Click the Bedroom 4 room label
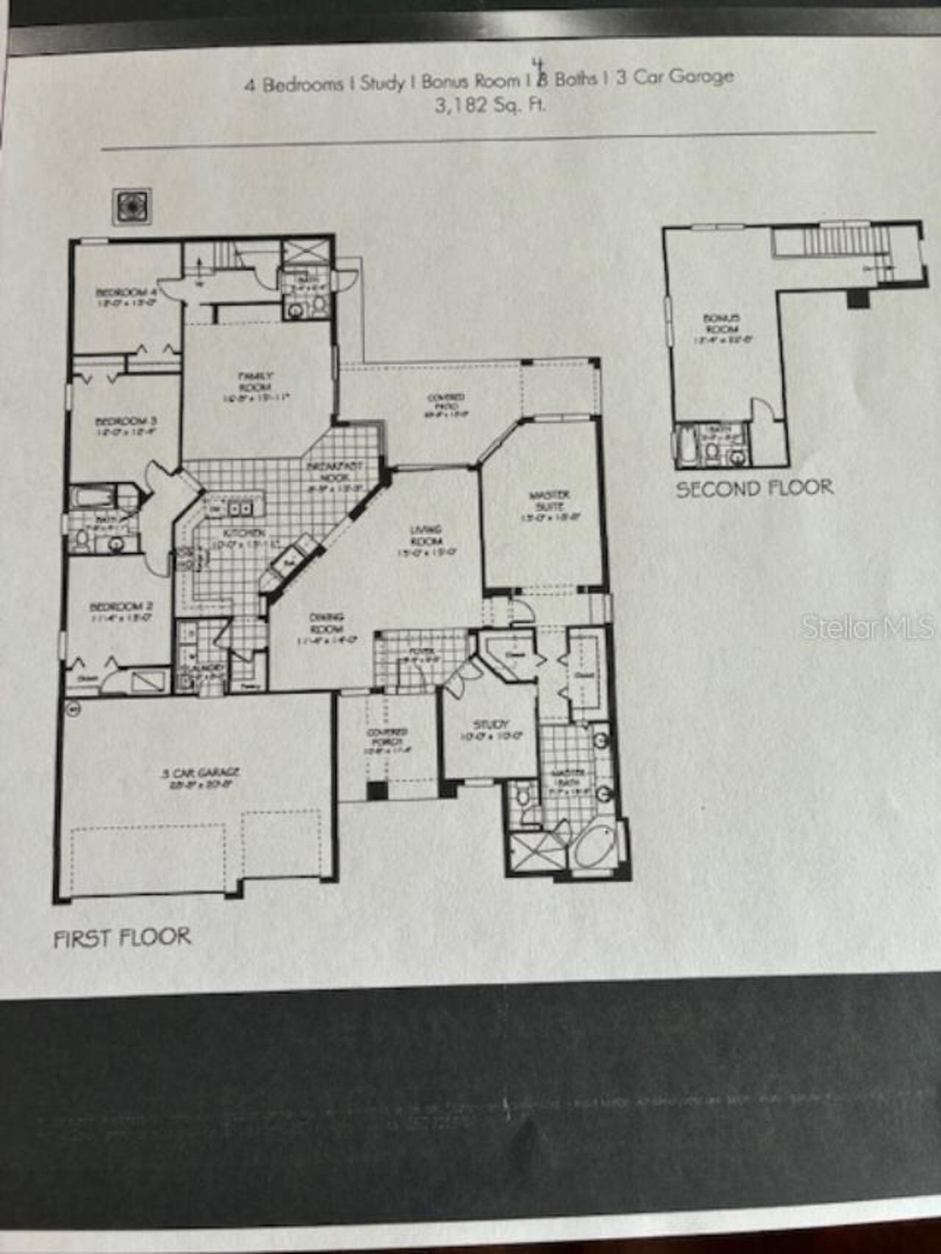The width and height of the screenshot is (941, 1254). click(126, 293)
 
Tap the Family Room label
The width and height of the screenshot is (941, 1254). click(255, 382)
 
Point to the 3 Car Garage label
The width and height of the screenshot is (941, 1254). click(200, 773)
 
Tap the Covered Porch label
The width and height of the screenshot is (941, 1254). click(387, 737)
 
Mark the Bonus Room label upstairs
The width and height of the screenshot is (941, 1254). click(721, 323)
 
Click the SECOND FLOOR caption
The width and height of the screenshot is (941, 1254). click(754, 489)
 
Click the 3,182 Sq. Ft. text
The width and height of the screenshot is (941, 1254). click(490, 105)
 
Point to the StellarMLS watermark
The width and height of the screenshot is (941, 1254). click(867, 627)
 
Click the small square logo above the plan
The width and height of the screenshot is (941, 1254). click(132, 207)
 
